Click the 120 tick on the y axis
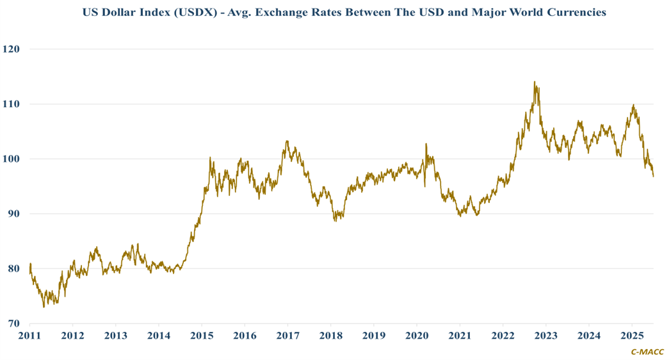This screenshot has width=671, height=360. [12, 49]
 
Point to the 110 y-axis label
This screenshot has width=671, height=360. [12, 104]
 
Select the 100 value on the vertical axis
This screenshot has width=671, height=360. [12, 159]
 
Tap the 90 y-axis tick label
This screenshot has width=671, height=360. [13, 214]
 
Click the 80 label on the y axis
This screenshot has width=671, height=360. [13, 268]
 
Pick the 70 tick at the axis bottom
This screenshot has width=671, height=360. [13, 323]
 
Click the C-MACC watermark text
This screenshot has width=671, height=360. [647, 352]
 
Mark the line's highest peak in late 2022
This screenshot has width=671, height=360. [535, 82]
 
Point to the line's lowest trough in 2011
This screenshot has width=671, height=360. [44, 307]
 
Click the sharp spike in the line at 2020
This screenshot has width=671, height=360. [426, 144]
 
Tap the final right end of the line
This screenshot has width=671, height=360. [653, 176]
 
